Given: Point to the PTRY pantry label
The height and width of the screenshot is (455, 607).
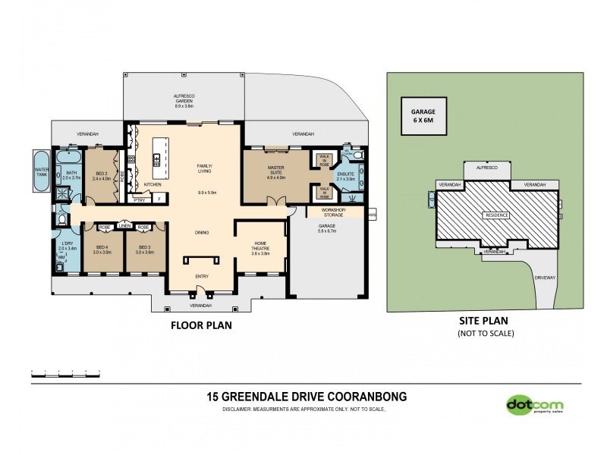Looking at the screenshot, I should (139, 200).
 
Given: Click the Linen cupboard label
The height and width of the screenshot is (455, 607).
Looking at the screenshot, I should (124, 226).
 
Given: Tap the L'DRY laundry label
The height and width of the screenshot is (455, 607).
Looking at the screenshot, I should (67, 245).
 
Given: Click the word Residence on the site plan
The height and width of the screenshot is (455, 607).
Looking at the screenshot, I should (496, 215).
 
